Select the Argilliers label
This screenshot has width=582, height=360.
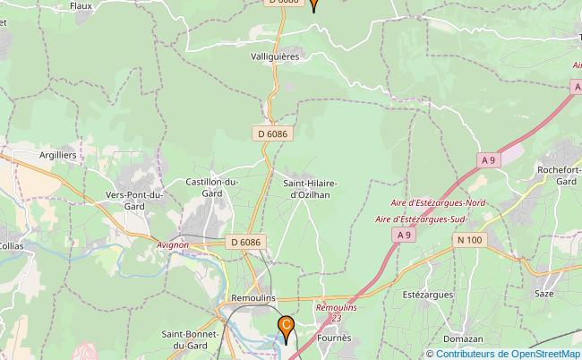58,154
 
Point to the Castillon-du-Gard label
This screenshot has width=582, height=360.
212,187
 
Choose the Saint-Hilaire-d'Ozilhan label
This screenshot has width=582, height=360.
311,189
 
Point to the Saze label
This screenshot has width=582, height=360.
543,292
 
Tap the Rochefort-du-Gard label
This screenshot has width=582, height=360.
554,175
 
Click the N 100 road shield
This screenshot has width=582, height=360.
469,239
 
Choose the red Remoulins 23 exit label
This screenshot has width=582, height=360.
336,312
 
